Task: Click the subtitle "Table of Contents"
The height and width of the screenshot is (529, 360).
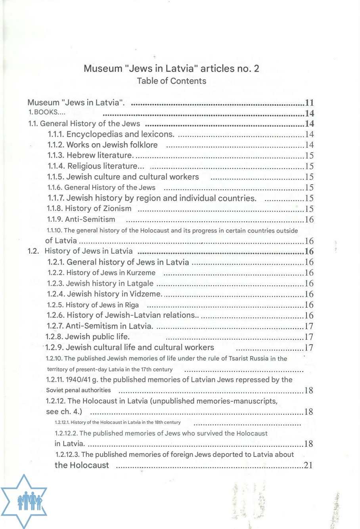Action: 171,81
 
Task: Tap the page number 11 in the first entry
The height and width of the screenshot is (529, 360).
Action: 309,103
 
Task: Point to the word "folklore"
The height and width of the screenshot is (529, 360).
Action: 142,145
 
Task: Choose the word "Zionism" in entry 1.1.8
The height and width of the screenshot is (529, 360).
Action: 117,209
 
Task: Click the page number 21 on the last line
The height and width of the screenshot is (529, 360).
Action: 308,465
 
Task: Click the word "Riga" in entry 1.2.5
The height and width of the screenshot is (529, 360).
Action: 132,305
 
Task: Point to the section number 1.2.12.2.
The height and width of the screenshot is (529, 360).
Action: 66,433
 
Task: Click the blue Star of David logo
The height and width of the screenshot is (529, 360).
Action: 24,501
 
